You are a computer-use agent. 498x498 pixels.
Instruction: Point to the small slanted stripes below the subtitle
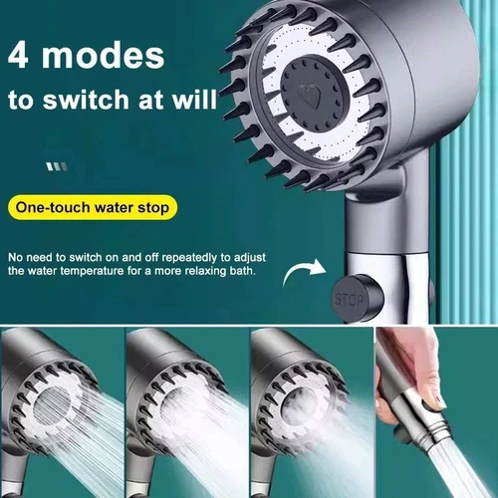click(58, 166)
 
